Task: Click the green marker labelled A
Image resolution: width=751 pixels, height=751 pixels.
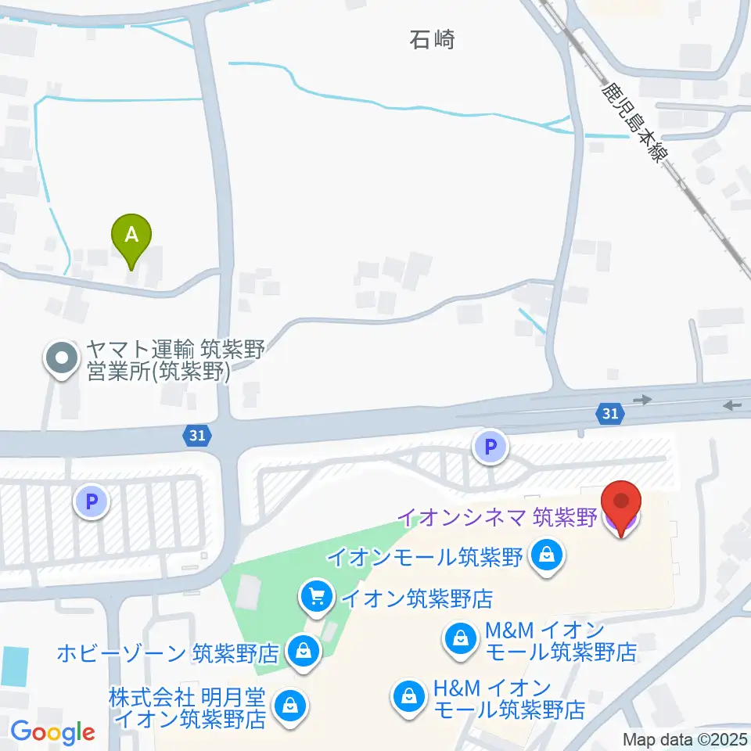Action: pos(132,235)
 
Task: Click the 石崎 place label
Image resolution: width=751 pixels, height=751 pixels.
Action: pos(432,39)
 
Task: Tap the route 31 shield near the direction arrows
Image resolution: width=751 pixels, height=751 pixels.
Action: pos(611,412)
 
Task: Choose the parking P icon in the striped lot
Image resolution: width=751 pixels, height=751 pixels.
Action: pos(92,501)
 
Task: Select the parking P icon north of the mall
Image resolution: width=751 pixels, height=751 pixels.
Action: pos(490,448)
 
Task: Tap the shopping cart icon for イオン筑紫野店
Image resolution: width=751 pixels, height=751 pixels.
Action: pos(316,598)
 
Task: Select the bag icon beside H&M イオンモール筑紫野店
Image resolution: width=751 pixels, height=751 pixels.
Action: pos(408,693)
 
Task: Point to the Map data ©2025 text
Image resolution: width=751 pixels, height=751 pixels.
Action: pos(685,739)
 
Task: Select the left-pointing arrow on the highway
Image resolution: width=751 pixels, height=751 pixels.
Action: pos(733,405)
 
